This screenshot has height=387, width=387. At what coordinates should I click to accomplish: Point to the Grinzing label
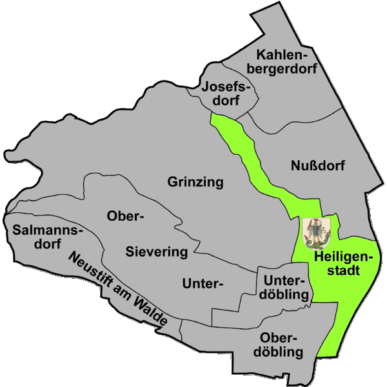(195, 182)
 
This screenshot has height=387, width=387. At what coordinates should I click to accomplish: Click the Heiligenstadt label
(339, 264)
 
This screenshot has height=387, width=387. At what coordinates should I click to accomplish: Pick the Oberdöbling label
(281, 345)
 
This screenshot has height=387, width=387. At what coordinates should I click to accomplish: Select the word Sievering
(156, 251)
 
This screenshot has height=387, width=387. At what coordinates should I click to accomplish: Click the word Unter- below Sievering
(203, 283)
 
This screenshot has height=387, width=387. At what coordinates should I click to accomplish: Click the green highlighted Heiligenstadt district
(345, 303)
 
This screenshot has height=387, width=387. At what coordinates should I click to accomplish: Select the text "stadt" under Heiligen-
(340, 272)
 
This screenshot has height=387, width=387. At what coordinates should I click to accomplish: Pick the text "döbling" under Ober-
(281, 352)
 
